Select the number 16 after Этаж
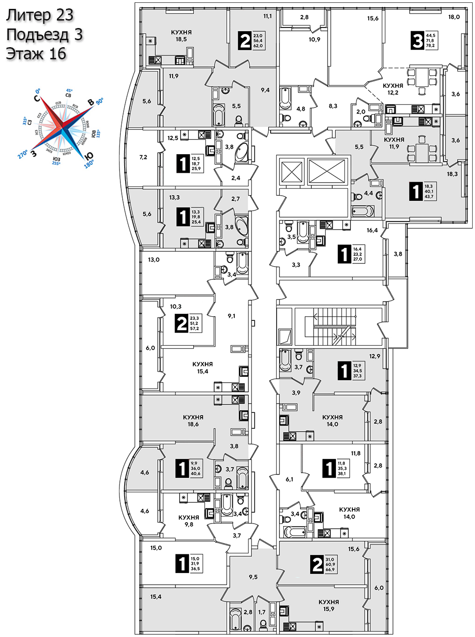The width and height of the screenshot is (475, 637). click(57, 54)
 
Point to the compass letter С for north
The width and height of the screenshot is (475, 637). click(37, 98)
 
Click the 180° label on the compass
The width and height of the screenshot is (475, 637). click(88, 164)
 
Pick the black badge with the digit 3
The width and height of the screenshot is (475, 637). click(417, 41)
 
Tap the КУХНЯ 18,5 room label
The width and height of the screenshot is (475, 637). click(181, 36)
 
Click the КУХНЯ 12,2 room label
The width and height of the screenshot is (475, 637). click(393, 89)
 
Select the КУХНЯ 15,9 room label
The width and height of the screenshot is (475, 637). click(328, 606)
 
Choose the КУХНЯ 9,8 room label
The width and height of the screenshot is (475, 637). click(189, 521)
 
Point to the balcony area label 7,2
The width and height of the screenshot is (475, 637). click(143, 157)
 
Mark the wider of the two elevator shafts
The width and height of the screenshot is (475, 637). click(327, 172)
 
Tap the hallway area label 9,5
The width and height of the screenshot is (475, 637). click(253, 577)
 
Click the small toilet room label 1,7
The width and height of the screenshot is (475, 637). click(262, 612)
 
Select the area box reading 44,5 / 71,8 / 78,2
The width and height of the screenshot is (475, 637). click(430, 41)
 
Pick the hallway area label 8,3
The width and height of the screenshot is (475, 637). click(333, 106)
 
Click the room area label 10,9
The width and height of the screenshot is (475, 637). click(314, 40)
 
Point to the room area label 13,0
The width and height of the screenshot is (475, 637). click(154, 260)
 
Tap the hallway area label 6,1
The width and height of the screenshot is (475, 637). click(289, 480)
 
